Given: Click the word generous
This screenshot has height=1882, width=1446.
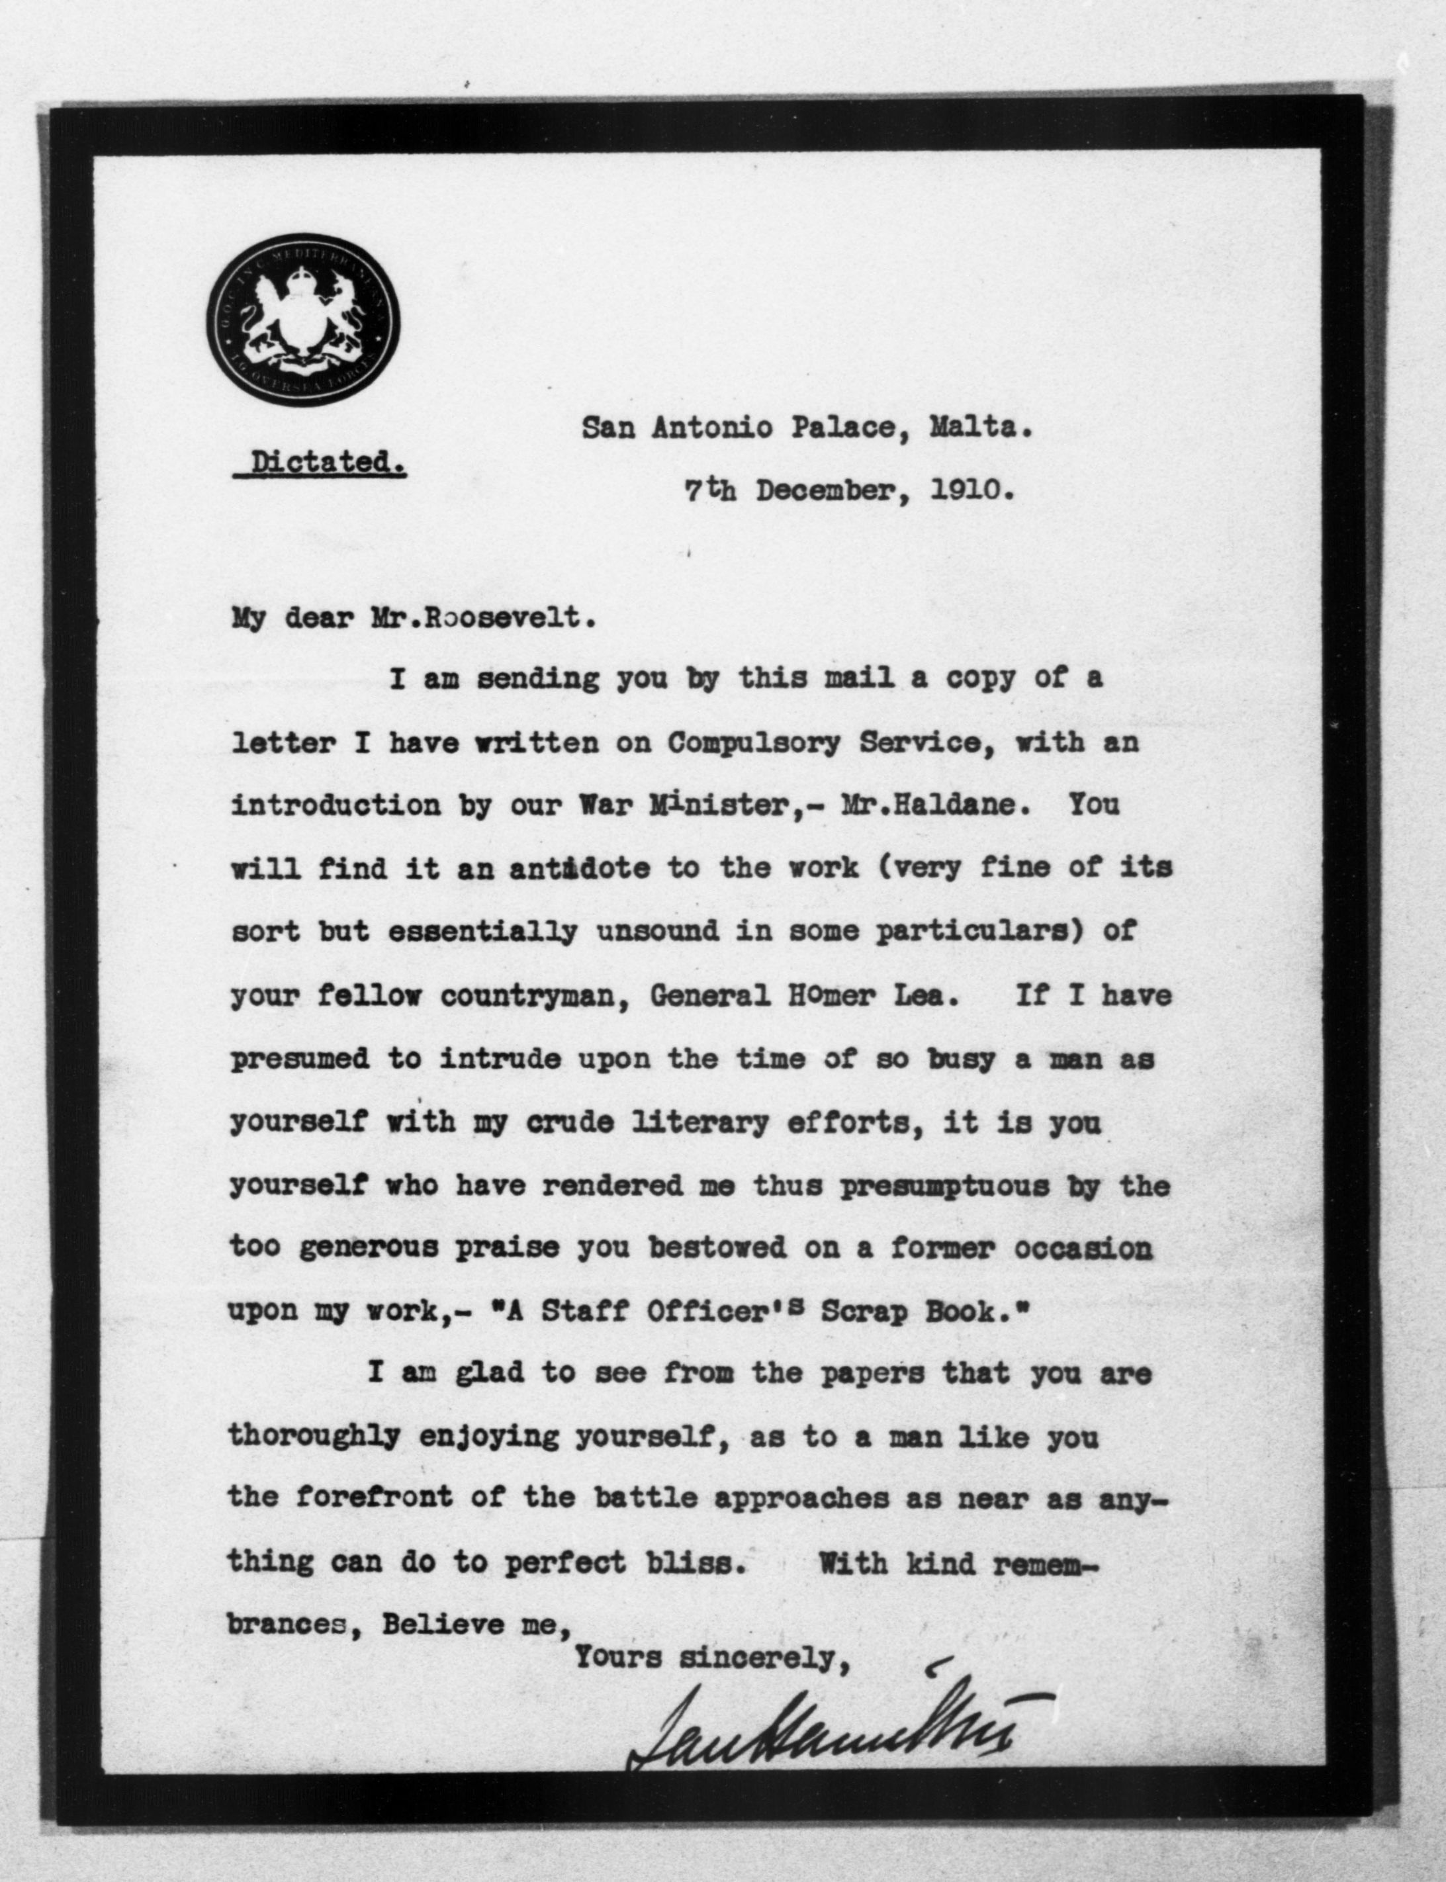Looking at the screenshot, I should [369, 1249].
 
